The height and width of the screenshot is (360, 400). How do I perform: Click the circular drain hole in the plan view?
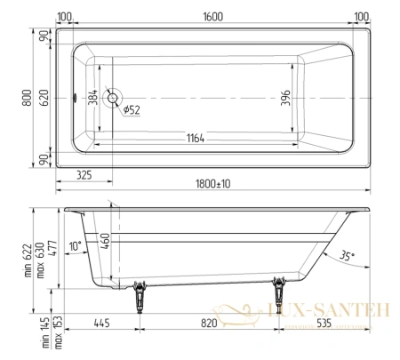point(111,98)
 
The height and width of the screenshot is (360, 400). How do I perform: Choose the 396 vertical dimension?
point(286,97)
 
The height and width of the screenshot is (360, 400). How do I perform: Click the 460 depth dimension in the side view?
point(106,240)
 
